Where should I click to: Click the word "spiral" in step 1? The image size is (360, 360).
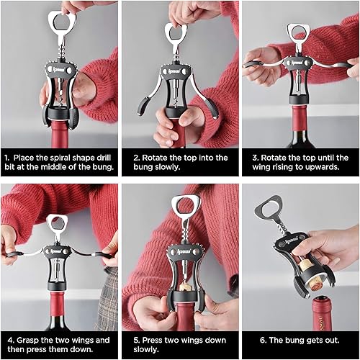pos(60,158)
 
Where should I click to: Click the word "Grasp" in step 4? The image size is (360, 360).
pos(28,341)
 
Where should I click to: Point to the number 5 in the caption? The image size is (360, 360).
pos(137,341)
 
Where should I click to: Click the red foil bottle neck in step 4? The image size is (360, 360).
pos(57,305)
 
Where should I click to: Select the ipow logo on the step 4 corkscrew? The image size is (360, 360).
pos(56,251)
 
